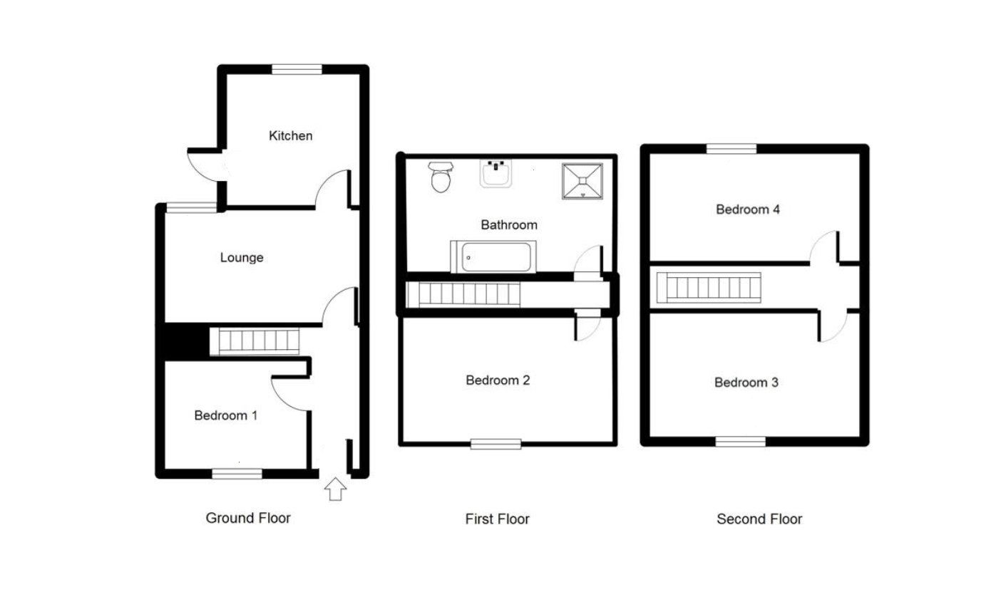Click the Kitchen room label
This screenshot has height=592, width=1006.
tap(291, 135)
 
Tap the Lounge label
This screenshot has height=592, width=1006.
tap(242, 257)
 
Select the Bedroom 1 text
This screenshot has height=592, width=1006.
tap(226, 415)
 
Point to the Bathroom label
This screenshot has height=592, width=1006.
tap(509, 224)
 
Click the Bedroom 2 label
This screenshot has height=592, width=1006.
tap(498, 380)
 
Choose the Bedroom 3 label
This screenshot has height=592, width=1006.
tap(746, 383)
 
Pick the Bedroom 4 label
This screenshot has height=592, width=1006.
tap(748, 209)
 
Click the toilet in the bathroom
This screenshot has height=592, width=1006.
tap(441, 177)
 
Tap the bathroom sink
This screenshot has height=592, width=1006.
tap(496, 174)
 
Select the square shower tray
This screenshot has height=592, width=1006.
tap(582, 181)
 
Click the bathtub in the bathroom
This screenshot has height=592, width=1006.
tap(493, 256)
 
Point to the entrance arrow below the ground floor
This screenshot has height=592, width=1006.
tap(336, 489)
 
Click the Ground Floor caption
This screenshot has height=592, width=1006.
tap(248, 518)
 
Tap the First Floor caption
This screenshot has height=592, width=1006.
tap(497, 519)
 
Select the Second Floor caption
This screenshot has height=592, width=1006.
tap(759, 519)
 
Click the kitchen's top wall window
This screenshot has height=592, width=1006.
tap(297, 70)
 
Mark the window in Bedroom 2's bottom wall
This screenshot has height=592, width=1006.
tap(496, 444)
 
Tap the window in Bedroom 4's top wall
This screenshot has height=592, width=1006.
tap(732, 149)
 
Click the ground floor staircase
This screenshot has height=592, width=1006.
tap(255, 341)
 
